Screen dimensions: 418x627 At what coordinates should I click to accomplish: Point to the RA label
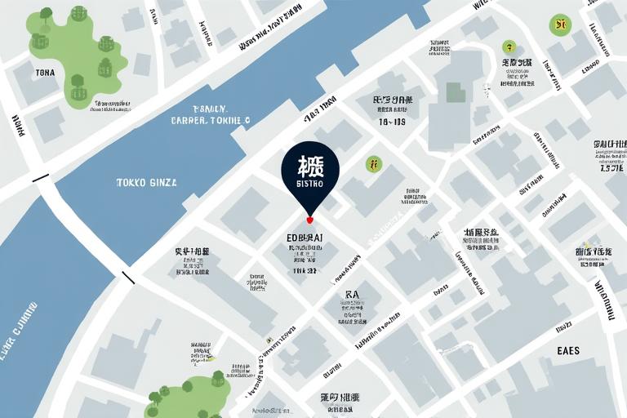[353, 294]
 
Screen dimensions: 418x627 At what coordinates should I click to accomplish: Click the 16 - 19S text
[392, 122]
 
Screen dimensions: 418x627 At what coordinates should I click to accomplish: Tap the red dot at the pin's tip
[309, 220]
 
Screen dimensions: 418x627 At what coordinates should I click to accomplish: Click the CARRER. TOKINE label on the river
[211, 120]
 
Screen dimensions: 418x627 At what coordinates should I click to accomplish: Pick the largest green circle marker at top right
[560, 24]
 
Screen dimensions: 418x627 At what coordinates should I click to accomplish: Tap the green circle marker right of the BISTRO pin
[373, 164]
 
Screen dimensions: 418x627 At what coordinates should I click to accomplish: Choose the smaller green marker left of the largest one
[509, 46]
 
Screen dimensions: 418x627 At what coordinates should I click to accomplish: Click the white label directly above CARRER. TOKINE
[210, 107]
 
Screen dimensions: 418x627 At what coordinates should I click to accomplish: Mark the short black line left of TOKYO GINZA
[40, 178]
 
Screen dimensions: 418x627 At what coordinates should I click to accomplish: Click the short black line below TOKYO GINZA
[128, 278]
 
